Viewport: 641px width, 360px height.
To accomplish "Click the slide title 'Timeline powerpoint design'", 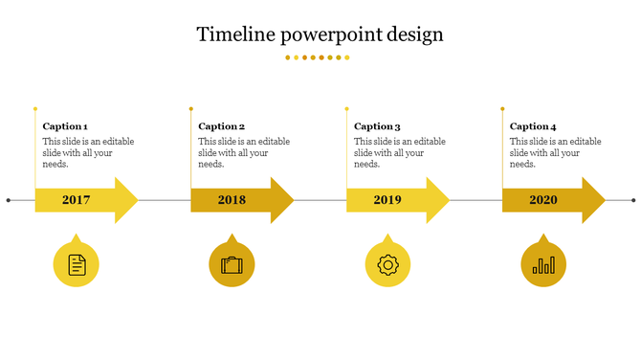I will [320, 34].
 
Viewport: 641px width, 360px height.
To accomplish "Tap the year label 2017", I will [76, 200].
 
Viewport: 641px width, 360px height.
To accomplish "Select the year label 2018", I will [232, 200].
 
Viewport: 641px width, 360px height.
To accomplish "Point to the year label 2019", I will [387, 200].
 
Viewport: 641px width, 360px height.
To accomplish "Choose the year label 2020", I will [543, 200].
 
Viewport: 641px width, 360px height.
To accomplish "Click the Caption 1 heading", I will [65, 126].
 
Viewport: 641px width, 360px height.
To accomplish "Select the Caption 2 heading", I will [221, 126].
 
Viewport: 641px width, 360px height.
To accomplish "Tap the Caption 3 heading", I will [377, 126].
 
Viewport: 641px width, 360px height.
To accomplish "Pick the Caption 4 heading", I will [533, 126].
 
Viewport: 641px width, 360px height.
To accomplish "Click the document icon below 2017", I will [77, 264].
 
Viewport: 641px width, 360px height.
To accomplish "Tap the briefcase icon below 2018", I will [232, 265].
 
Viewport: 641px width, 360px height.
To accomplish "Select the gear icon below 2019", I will [387, 264].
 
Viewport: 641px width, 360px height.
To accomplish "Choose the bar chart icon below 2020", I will [543, 265].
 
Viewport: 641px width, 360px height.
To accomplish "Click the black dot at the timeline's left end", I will [9, 200].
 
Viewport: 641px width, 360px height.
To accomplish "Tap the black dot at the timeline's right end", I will [633, 200].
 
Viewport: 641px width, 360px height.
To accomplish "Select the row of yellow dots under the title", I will [318, 57].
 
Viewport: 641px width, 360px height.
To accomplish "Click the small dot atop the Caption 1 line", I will [35, 108].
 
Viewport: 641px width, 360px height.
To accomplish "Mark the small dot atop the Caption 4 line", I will [502, 108].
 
